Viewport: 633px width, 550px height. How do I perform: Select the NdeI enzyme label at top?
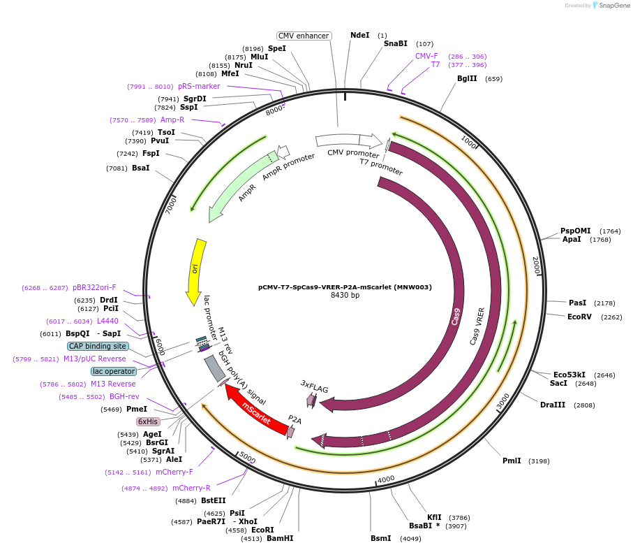pos(360,35)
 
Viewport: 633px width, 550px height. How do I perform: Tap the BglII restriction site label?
pos(467,78)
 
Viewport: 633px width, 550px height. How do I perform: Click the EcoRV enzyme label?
pos(579,316)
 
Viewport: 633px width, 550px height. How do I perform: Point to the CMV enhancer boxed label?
pos(304,36)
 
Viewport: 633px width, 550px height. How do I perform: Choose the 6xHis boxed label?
pos(148,421)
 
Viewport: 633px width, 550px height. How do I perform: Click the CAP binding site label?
pos(98,346)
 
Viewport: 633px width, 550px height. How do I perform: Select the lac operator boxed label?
pos(114,371)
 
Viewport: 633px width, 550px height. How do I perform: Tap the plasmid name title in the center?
pos(345,287)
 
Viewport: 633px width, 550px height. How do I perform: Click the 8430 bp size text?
pos(345,296)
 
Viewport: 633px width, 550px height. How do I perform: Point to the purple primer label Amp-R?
pos(172,120)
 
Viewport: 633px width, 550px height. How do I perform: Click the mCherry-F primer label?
pos(174,472)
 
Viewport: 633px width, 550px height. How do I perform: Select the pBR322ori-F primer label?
pos(94,287)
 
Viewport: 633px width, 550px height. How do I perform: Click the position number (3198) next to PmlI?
pos(539,461)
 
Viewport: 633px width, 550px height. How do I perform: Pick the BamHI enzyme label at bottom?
pos(280,538)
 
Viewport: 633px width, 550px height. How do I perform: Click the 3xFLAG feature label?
pos(314,386)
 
